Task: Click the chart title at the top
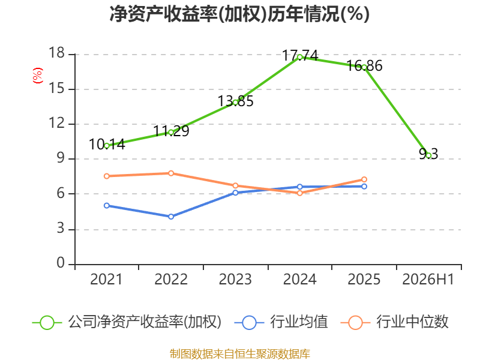click(239, 14)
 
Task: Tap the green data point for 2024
click(299, 57)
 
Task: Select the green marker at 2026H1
click(428, 155)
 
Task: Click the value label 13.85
click(235, 101)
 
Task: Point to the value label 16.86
click(364, 66)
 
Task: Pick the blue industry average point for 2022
click(171, 217)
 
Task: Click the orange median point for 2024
click(299, 193)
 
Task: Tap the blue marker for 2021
click(107, 206)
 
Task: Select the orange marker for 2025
click(364, 179)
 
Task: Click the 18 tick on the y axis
click(57, 53)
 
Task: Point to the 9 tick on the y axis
click(61, 158)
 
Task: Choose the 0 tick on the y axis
click(61, 263)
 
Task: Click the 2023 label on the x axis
click(235, 279)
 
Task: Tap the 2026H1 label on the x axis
click(428, 279)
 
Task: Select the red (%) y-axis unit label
click(38, 76)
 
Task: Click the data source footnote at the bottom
click(240, 354)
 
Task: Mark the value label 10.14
click(107, 145)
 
